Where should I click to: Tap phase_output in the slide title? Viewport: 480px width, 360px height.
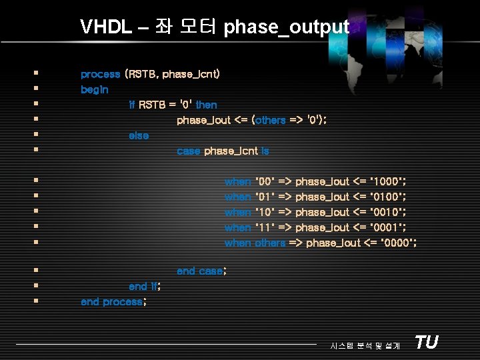287,27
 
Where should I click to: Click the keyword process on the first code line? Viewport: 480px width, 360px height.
100,74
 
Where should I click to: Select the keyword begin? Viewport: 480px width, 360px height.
95,89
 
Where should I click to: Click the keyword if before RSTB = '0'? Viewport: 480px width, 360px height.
131,105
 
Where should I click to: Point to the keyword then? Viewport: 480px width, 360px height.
206,105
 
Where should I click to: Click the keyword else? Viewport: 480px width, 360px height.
139,135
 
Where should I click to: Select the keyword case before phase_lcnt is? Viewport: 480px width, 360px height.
188,151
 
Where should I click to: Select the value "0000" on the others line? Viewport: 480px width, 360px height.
398,243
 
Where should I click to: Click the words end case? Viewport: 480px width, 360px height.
200,271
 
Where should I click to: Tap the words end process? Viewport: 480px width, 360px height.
112,301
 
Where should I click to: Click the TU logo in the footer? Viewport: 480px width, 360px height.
426,343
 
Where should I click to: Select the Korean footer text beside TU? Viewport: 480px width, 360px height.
365,345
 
